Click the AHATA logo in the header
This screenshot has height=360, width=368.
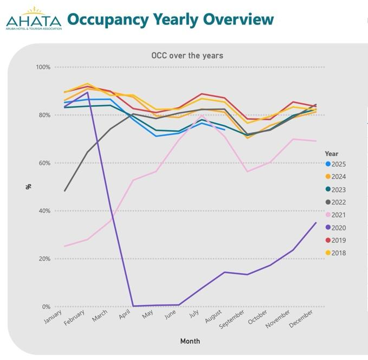(x=33, y=18)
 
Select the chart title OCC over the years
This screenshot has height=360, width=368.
(x=187, y=55)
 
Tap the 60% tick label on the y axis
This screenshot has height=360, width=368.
(x=44, y=163)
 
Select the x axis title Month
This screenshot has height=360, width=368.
(x=190, y=341)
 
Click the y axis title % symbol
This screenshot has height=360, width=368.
(x=28, y=187)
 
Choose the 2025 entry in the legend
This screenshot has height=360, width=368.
(x=338, y=164)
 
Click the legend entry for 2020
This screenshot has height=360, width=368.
(x=338, y=228)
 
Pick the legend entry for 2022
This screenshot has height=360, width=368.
(x=338, y=202)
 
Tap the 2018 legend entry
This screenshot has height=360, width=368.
(x=338, y=253)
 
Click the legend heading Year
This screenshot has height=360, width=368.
(x=332, y=153)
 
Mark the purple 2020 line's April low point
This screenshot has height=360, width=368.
(x=133, y=306)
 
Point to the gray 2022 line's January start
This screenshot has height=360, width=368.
(x=65, y=191)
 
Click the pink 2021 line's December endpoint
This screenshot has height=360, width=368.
(x=316, y=141)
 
